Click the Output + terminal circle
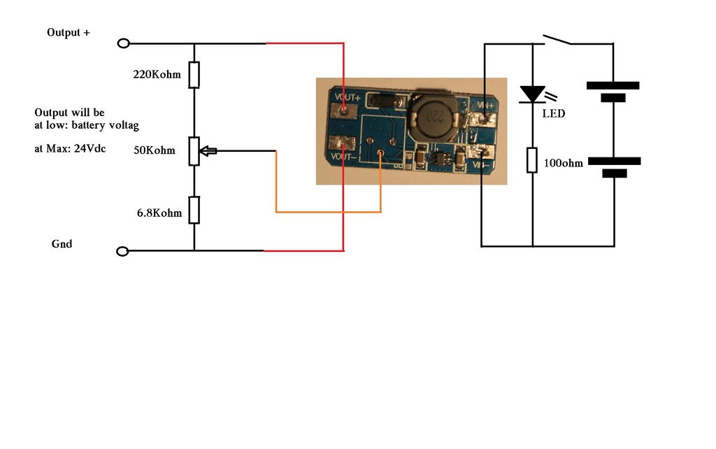coord(124,43)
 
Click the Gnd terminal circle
coord(122,251)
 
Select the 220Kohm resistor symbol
coord(194,75)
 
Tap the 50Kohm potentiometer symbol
coord(194,151)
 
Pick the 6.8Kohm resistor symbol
coord(194,209)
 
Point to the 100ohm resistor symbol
coord(532,160)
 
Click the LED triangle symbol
coord(532,94)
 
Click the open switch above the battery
coord(557,38)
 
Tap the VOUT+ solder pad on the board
coord(343,108)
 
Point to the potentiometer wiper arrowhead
coord(205,151)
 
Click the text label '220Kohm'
coord(157,73)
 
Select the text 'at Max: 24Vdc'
coord(70,149)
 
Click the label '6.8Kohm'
coord(159,213)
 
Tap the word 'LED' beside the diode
coord(554,113)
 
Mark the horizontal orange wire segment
coord(328,211)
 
